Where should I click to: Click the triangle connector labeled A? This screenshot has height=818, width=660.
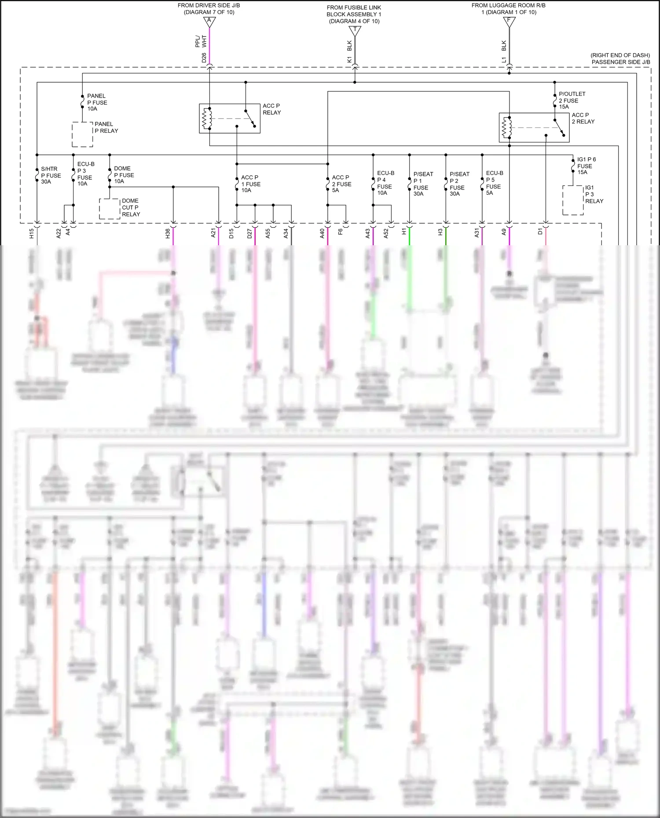click(209, 22)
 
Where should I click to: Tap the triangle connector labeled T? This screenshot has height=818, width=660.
click(355, 31)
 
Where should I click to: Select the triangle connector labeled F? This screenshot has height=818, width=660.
click(509, 22)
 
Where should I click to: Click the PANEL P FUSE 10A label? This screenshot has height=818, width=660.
click(97, 102)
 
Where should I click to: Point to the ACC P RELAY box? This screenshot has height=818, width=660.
click(229, 118)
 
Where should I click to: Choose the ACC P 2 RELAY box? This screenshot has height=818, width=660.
click(534, 127)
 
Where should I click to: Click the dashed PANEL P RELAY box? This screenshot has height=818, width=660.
click(82, 135)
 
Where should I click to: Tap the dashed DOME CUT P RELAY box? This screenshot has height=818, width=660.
click(110, 209)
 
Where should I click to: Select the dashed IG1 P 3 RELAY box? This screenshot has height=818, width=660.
click(573, 200)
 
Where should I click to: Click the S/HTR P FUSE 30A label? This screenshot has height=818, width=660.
click(51, 175)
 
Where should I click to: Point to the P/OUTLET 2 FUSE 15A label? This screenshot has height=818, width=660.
click(572, 100)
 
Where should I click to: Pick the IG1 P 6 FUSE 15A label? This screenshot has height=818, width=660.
click(586, 166)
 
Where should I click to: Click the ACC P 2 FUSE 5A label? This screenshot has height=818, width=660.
click(341, 184)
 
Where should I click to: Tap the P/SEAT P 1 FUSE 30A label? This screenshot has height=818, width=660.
click(423, 184)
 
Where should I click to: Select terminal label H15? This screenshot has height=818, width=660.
click(31, 233)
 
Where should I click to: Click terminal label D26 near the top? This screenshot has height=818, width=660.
click(204, 58)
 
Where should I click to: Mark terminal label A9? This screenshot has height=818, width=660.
click(504, 232)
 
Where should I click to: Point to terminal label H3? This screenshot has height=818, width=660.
click(440, 232)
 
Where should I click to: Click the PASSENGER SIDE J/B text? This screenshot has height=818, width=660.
click(620, 62)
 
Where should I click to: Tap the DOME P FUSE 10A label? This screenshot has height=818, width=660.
click(124, 175)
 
